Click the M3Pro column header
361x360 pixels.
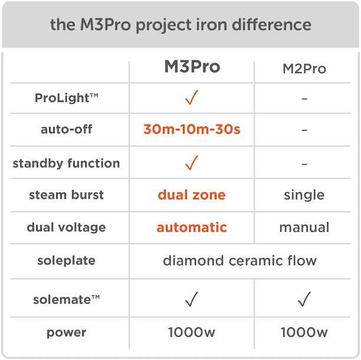[192, 67]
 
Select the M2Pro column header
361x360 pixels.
[304, 69]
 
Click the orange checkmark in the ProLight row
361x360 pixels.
[191, 98]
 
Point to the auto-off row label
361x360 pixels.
[66, 129]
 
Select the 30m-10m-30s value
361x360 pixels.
[192, 129]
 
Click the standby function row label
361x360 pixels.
[66, 163]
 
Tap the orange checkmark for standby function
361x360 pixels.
[191, 162]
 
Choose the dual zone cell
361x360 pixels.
[192, 195]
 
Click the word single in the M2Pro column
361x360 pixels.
[304, 195]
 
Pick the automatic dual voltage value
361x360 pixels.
[192, 227]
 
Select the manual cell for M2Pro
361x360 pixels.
[304, 227]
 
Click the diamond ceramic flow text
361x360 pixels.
[239, 260]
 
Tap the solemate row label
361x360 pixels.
[66, 300]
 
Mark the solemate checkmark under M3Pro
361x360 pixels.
[191, 300]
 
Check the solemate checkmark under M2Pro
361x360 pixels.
[304, 300]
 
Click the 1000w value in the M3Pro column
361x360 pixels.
[192, 332]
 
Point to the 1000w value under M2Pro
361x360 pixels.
[304, 332]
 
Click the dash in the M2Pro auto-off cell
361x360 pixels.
[304, 130]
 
